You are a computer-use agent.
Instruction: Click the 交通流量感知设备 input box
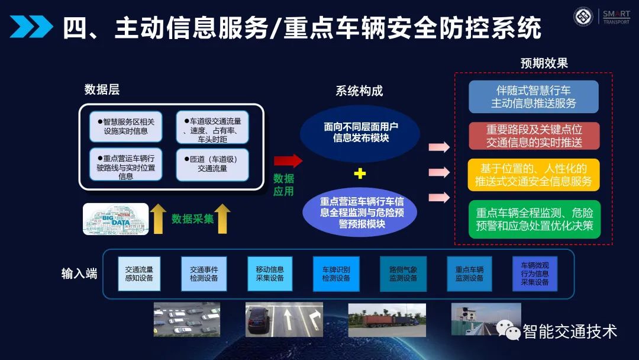(139, 273)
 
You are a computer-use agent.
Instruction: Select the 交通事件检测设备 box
(204, 273)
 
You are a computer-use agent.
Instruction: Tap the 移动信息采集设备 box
(270, 273)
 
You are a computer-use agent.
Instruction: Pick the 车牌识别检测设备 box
(336, 273)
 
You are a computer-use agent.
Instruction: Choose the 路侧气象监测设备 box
(403, 273)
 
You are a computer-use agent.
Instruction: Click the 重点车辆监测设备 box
(469, 273)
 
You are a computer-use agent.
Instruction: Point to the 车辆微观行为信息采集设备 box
(535, 273)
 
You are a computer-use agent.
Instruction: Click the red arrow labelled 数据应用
(288, 161)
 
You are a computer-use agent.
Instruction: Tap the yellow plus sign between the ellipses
(360, 173)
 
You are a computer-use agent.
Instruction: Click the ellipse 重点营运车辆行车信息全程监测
(360, 212)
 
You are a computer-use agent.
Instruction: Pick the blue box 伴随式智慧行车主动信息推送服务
(534, 97)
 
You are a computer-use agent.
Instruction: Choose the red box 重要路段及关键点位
(534, 136)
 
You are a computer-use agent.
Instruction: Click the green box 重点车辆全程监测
(534, 219)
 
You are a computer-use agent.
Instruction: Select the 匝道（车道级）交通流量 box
(212, 164)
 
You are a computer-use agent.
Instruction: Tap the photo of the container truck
(387, 320)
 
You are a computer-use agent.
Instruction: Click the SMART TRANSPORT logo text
(616, 17)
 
